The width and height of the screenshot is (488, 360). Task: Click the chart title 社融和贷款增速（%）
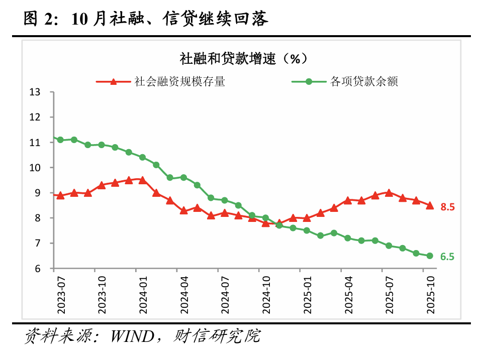click(x=243, y=59)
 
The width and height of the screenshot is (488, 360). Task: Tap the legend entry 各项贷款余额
click(x=364, y=81)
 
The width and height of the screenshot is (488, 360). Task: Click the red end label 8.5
click(x=447, y=206)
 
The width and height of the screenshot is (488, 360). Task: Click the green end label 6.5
click(x=447, y=257)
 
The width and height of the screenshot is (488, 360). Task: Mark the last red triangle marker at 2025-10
click(x=430, y=205)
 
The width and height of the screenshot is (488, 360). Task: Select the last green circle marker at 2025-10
click(x=430, y=256)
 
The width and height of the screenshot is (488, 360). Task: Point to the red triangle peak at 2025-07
click(x=389, y=192)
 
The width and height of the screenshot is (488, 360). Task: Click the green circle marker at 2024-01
click(x=142, y=157)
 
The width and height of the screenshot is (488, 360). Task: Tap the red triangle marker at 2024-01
click(x=142, y=180)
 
